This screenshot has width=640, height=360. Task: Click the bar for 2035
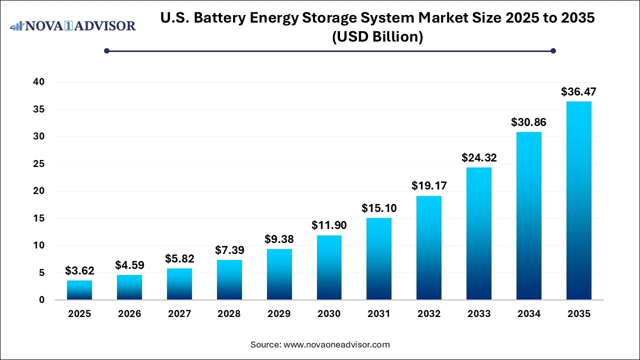coord(578,200)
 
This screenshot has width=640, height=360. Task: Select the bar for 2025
coord(79,290)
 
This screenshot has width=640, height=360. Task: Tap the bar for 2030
coord(329,267)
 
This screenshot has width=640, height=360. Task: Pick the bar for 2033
coord(478,233)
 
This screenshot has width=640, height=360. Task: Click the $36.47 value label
coord(578,92)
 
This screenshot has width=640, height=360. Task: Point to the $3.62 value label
coord(79,271)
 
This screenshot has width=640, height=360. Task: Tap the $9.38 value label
coord(279,239)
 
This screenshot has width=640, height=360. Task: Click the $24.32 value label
coord(478,158)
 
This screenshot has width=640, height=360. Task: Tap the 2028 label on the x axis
coord(229,314)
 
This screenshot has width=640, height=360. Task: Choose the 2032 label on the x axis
coord(429,314)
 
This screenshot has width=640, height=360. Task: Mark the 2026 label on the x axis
coord(129,314)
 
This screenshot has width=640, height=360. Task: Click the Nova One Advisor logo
coord(73,25)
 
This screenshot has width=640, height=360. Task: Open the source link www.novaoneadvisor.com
coord(336,344)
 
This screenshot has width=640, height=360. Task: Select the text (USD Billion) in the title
coord(377,37)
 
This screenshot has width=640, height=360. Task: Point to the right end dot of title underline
coord(553,50)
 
